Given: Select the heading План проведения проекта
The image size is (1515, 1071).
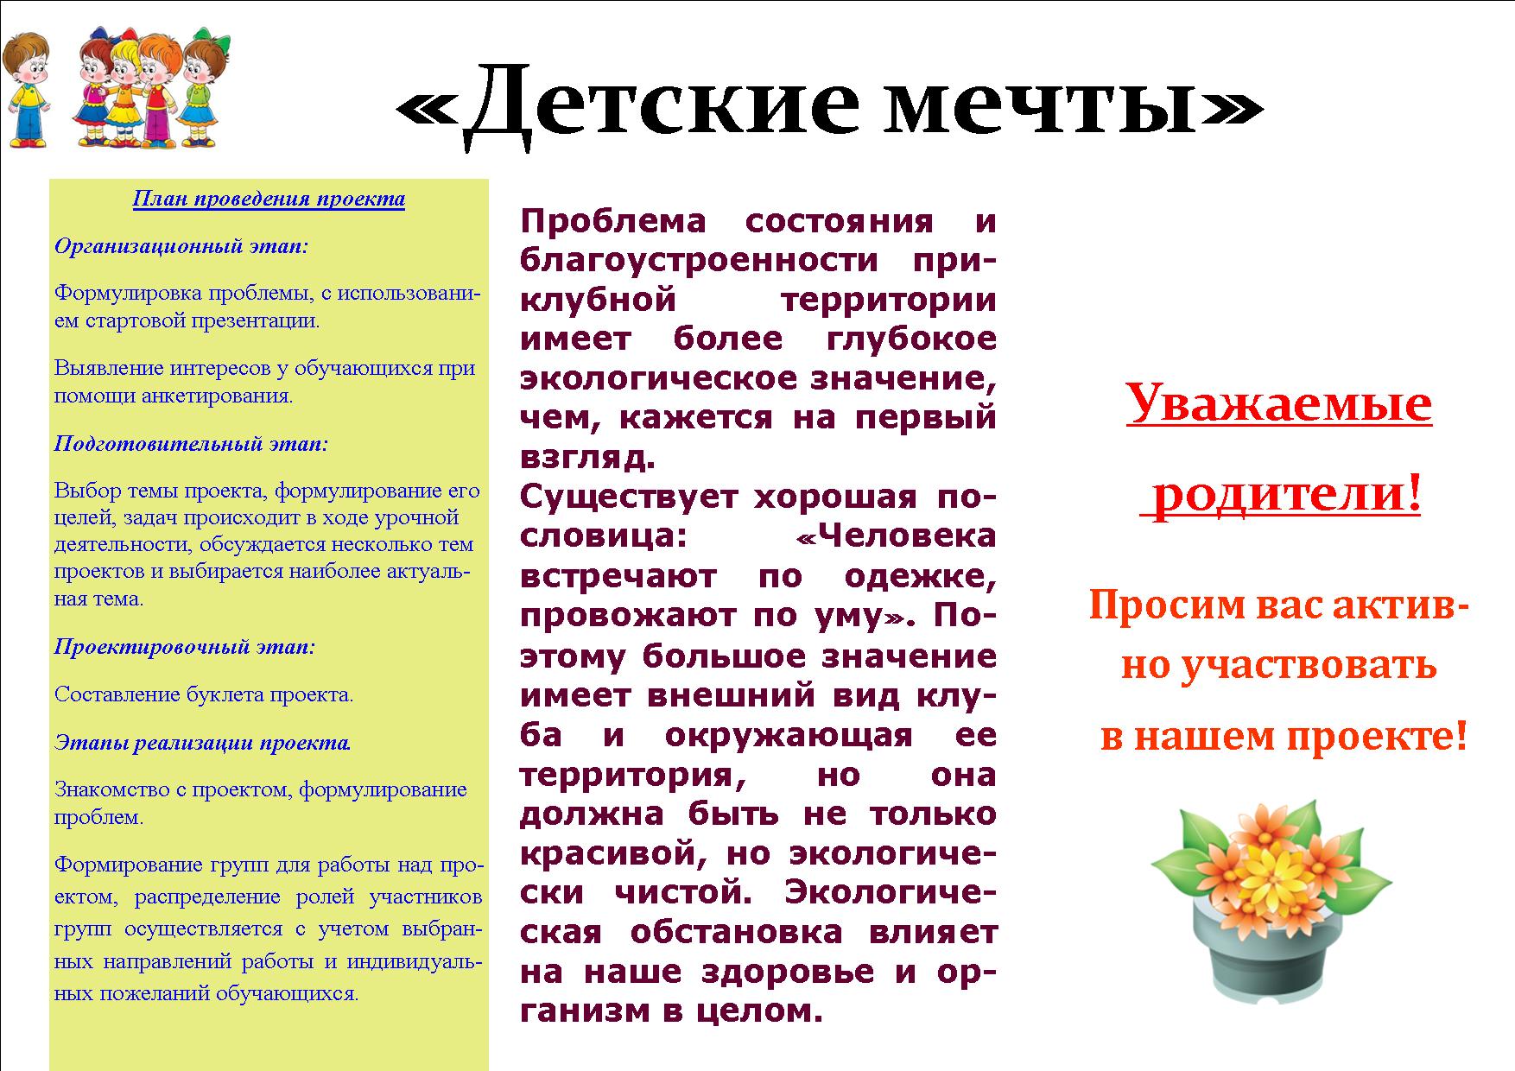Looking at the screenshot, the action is coord(269,200).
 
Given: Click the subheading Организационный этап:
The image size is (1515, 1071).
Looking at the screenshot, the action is coord(181,246).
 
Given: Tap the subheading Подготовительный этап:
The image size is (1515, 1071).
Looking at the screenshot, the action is coord(192,444).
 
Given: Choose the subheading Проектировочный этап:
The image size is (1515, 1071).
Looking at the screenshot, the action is coord(185,647).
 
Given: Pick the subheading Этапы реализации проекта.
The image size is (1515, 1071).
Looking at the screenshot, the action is coord(203,742).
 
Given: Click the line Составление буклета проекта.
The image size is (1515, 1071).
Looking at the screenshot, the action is coord(204,694).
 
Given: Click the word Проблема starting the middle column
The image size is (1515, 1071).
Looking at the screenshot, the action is coord(613,221).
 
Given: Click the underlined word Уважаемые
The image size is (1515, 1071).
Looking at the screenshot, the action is coord(1279,402).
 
